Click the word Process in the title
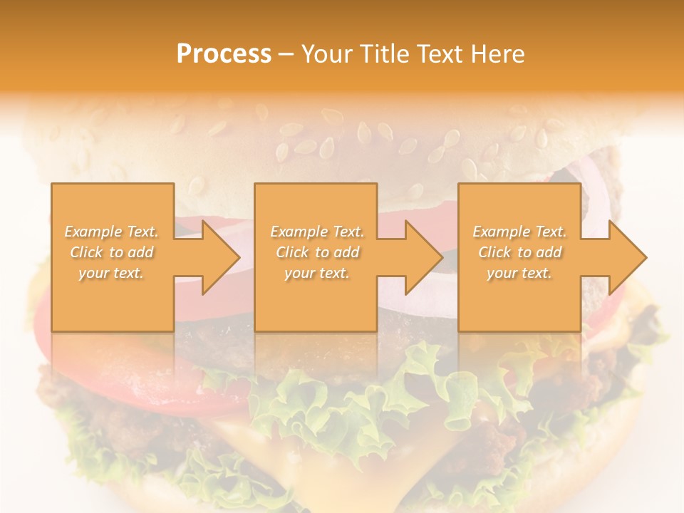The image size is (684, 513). (x=224, y=54)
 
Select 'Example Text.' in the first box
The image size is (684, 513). (x=112, y=232)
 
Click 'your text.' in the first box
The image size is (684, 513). (x=112, y=273)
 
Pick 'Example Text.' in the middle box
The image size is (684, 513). (x=317, y=232)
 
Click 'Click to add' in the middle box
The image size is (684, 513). (x=317, y=252)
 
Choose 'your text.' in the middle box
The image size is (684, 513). (x=317, y=273)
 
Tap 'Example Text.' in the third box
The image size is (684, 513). (x=519, y=232)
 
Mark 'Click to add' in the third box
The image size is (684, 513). (x=519, y=252)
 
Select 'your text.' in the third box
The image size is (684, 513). (x=519, y=273)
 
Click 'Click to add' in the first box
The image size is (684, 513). (x=112, y=252)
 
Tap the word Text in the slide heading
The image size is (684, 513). (x=439, y=54)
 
